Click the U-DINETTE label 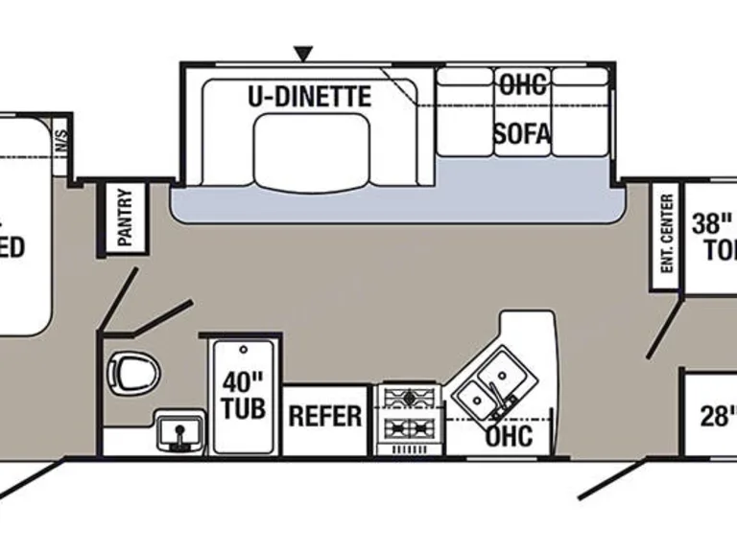point(310,96)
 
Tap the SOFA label point(522,134)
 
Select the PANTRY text point(126,218)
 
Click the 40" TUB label point(243,395)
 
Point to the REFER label point(325,417)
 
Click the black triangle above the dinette point(305,53)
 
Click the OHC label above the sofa point(522,83)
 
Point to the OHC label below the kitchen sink point(509,436)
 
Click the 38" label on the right point(713,224)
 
